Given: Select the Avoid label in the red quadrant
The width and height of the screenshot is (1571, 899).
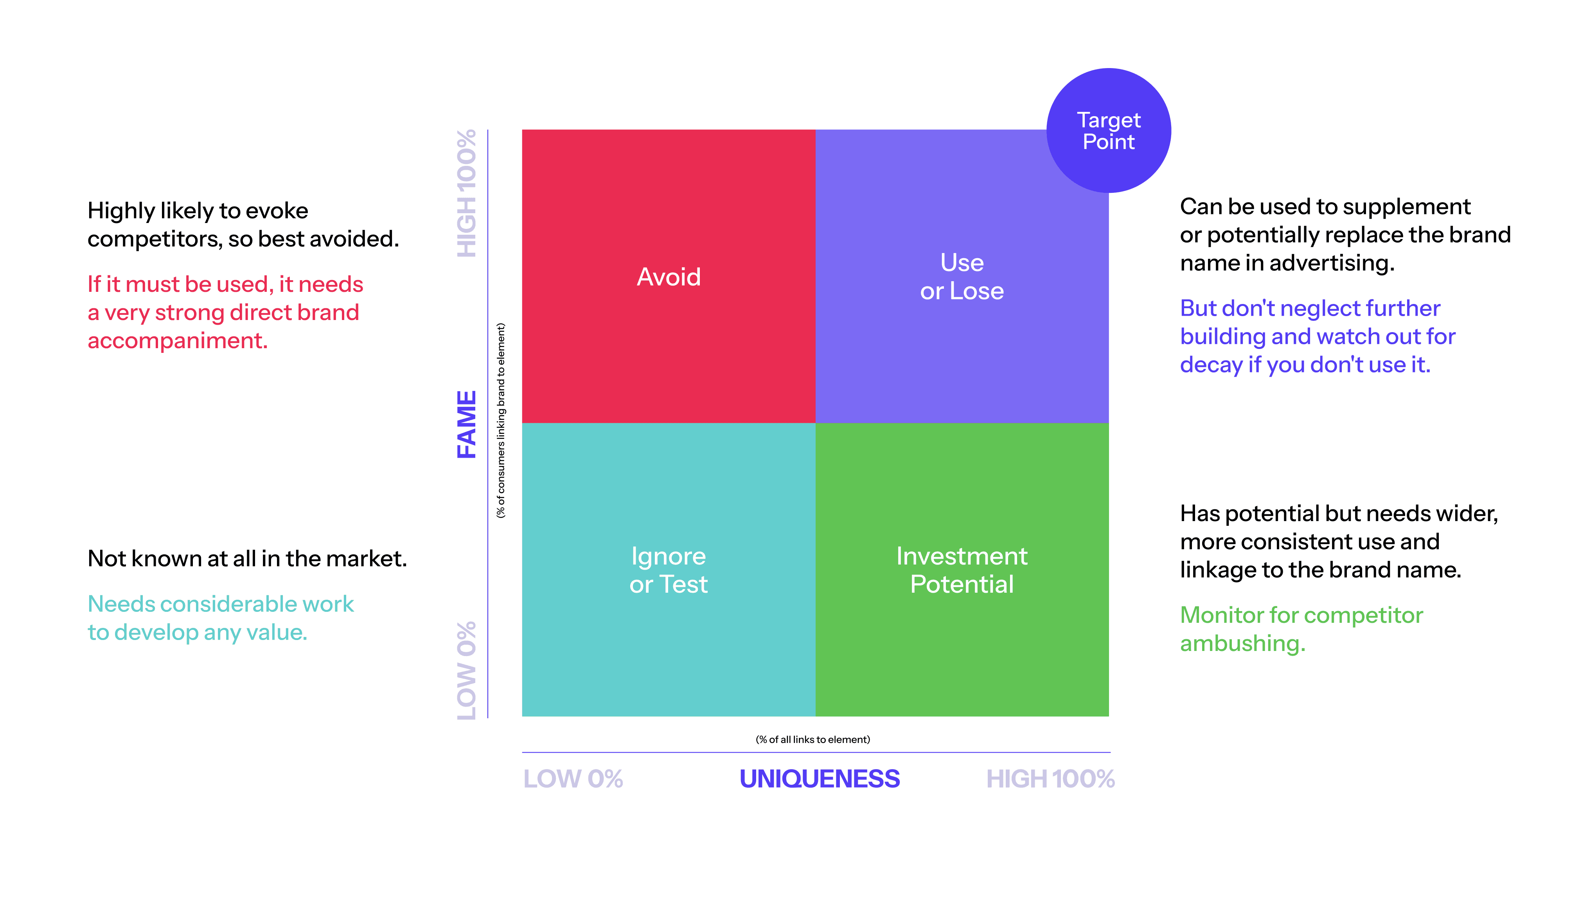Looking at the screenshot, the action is click(669, 277).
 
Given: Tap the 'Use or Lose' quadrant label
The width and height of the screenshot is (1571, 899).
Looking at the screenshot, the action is click(962, 277).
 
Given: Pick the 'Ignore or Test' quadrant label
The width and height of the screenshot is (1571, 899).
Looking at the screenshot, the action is click(669, 570).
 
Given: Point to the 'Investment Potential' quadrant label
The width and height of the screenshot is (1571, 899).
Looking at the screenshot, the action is click(962, 570).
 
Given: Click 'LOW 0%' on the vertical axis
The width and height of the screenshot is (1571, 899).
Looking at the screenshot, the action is click(467, 670).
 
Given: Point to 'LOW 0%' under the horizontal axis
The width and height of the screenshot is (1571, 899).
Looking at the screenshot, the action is click(573, 779).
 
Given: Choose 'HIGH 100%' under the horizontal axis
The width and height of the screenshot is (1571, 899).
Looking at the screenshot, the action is click(1050, 779).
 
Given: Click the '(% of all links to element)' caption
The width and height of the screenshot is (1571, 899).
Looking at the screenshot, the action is click(812, 739).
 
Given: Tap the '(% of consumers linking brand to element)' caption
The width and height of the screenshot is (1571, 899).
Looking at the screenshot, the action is click(501, 421).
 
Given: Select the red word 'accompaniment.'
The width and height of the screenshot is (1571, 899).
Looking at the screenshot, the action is click(178, 341).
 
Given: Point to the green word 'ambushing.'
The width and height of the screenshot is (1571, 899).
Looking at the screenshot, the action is click(1243, 644).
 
